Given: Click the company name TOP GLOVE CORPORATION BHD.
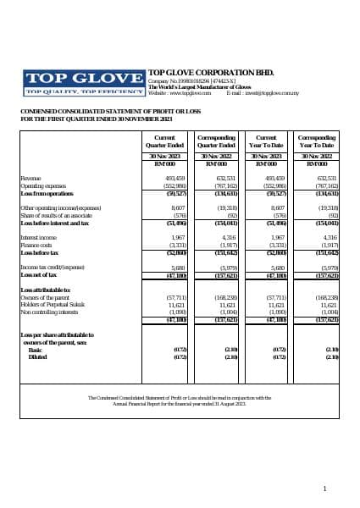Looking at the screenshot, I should point(206,73).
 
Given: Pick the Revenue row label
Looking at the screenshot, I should point(30,179).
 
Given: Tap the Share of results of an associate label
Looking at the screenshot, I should point(52,216).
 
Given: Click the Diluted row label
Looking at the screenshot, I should point(36,356).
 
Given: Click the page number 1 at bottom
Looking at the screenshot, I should point(325,489).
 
